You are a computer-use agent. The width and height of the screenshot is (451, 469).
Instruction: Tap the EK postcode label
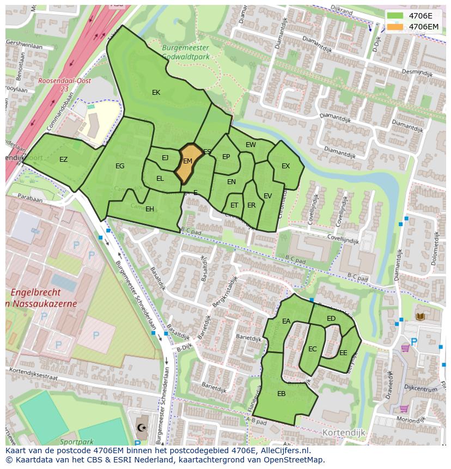point(156,93)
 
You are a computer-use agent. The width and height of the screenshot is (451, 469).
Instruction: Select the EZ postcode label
point(64,160)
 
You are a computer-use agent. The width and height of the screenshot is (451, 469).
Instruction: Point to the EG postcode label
point(120,166)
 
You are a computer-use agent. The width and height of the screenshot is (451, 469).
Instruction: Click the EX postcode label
point(285,166)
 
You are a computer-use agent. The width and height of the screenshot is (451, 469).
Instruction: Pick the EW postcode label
point(251,145)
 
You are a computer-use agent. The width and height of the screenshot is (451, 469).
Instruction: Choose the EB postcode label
point(282,394)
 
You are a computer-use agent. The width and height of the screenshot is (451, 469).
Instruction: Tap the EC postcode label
point(312,349)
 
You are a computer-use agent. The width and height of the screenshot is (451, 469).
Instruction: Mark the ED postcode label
point(331,319)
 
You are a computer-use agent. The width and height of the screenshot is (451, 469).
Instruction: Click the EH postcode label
point(150,209)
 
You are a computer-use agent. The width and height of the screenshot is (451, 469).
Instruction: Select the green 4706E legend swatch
point(395,16)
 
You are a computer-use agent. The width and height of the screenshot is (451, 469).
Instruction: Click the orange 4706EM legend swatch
point(395,26)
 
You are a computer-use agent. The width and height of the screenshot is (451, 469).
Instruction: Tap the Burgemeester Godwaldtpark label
point(185,52)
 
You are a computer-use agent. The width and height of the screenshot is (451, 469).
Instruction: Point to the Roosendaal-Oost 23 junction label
point(57,84)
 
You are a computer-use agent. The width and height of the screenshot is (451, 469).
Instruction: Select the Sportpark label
point(77,442)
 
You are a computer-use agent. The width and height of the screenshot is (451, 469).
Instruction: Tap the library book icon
point(420,316)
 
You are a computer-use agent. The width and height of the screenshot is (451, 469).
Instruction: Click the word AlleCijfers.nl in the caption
point(283,450)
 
